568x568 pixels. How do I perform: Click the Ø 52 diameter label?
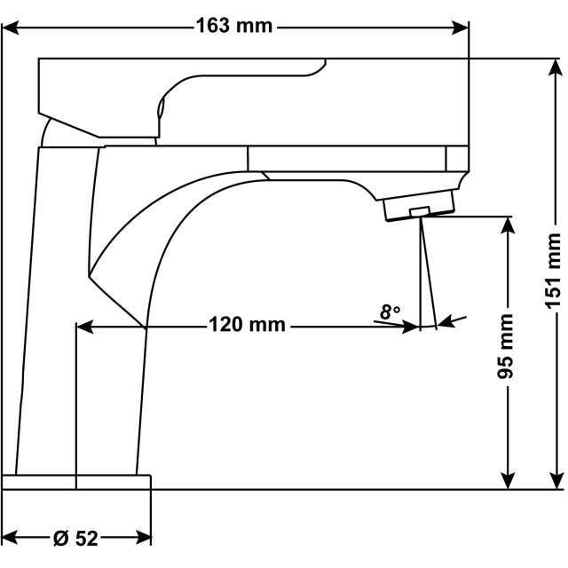[75, 538]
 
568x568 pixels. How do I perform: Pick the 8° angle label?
[390, 312]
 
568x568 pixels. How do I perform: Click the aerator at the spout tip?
[419, 210]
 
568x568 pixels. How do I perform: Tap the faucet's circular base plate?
[76, 482]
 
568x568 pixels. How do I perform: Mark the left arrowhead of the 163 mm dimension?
[11, 27]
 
